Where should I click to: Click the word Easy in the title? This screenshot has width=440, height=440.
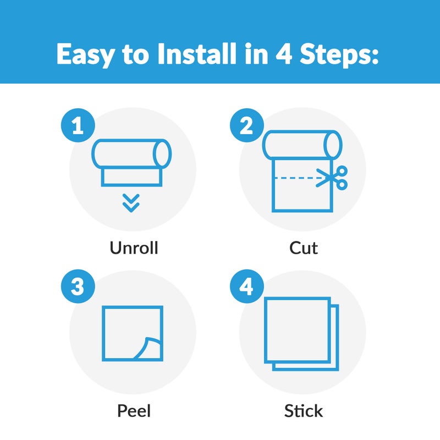[x=86, y=54]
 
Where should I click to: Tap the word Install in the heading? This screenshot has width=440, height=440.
[x=197, y=53]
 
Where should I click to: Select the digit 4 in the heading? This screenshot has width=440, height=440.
[x=284, y=54]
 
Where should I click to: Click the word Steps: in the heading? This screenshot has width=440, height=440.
[x=339, y=55]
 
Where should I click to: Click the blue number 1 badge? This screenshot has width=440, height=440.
[x=78, y=125]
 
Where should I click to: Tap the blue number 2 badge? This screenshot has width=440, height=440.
[x=247, y=125]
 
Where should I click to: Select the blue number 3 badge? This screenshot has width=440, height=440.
[x=78, y=286]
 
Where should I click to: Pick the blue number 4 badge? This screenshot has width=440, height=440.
[x=247, y=286]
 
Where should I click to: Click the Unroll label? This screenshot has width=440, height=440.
[x=134, y=248]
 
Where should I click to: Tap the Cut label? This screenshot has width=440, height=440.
[x=304, y=248]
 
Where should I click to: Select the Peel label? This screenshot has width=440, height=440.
[x=134, y=411]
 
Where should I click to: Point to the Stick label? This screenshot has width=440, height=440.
[x=304, y=411]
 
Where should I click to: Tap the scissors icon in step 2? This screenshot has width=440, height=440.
[x=332, y=178]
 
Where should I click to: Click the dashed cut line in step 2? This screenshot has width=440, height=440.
[x=299, y=178]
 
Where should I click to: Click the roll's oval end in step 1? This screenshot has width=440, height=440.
[x=162, y=154]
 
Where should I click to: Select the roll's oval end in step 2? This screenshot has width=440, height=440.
[x=333, y=145]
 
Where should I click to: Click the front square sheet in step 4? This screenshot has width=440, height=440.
[x=298, y=330]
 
